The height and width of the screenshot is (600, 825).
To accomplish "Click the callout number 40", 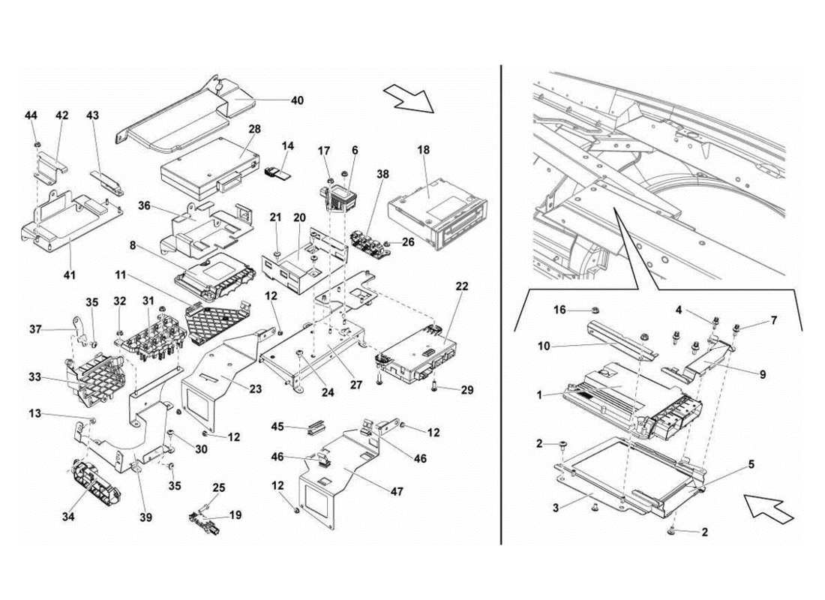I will click(x=298, y=99).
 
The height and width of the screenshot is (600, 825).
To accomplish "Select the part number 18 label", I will click(x=424, y=150).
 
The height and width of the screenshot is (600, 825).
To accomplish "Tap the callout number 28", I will click(x=254, y=129).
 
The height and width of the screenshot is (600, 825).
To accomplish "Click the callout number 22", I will click(x=462, y=286).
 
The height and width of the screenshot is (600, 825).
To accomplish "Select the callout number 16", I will click(x=559, y=309).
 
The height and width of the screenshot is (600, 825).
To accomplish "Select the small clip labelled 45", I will click(x=315, y=427).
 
